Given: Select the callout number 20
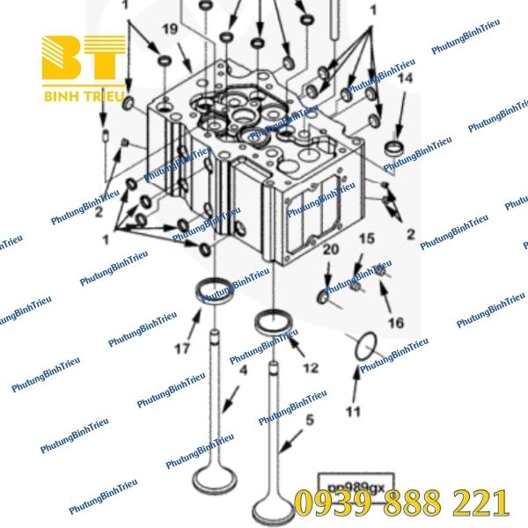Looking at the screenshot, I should tap(330, 251).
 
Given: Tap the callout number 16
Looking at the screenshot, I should tap(396, 323).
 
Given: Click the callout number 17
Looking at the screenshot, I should tap(180, 348).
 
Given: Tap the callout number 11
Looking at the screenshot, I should tap(353, 410).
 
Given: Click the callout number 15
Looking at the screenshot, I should tap(366, 238).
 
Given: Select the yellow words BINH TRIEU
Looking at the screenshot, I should tap(84, 93).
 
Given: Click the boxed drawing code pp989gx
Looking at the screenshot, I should tap(356, 484).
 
